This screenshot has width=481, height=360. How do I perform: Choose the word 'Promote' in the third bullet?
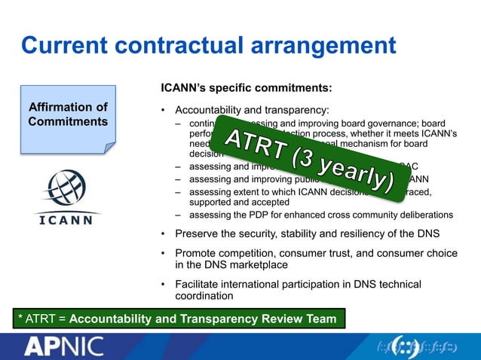[x=196, y=252]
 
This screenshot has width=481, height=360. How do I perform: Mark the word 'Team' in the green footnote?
[x=320, y=319]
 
